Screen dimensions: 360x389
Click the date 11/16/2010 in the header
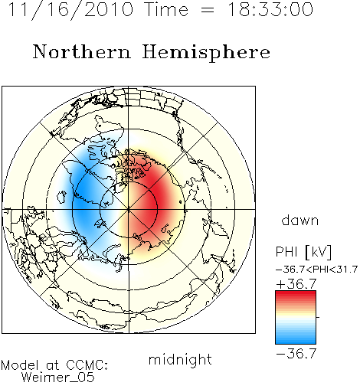pyautogui.click(x=71, y=10)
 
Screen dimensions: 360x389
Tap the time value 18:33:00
pyautogui.click(x=270, y=9)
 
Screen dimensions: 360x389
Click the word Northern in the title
pyautogui.click(x=82, y=52)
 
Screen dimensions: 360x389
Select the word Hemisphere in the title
pyautogui.click(x=206, y=53)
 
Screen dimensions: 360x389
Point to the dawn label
pyautogui.click(x=300, y=220)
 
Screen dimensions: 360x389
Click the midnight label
pyautogui.click(x=180, y=361)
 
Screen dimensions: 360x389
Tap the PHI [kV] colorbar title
pyautogui.click(x=303, y=252)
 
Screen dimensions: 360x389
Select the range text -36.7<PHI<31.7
pyautogui.click(x=316, y=270)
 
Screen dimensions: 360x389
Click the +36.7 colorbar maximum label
pyautogui.click(x=296, y=284)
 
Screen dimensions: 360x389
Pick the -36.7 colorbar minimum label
pyautogui.click(x=296, y=354)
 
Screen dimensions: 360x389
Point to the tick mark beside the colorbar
pyautogui.click(x=318, y=317)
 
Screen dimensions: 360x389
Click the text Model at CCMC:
pyautogui.click(x=54, y=365)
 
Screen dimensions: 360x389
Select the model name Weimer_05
pyautogui.click(x=58, y=378)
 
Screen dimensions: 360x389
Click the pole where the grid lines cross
pyautogui.click(x=129, y=209)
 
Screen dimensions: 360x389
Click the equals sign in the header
pyautogui.click(x=208, y=11)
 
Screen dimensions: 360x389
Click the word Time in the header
pyautogui.click(x=166, y=9)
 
